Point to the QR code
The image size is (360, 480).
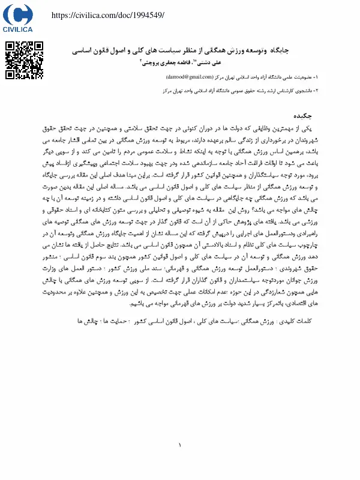(x=24, y=60)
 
